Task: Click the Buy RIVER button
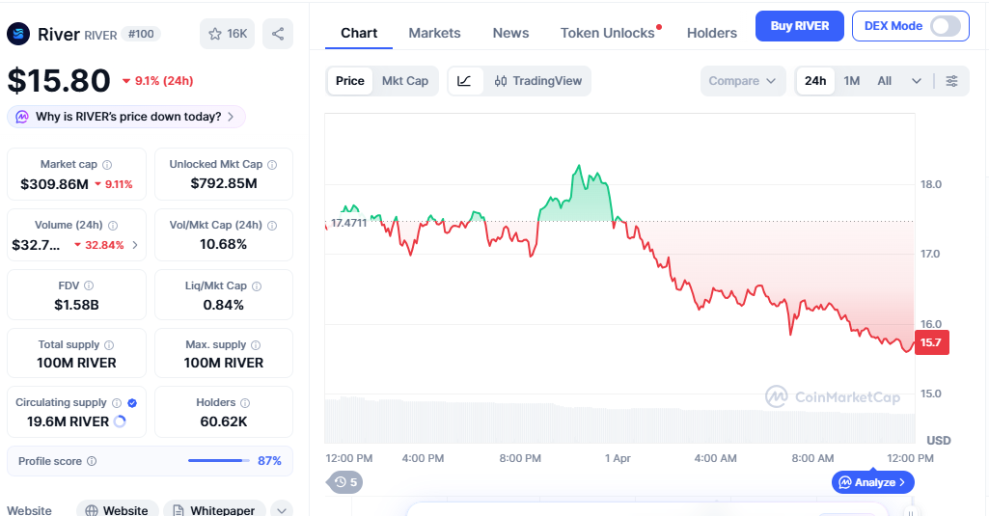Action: point(799,26)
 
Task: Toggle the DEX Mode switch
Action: point(946,26)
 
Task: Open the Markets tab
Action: point(434,33)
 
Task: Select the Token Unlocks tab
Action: point(608,33)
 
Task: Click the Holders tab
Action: point(712,33)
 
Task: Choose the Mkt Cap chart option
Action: point(405,81)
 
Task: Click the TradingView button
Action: point(538,81)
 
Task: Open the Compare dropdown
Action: point(742,81)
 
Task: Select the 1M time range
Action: point(851,81)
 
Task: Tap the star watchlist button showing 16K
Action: point(228,34)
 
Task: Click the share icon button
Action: point(278,34)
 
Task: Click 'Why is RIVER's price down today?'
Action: point(127,117)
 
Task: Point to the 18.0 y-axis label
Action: point(931,184)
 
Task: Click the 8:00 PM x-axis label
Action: point(520,458)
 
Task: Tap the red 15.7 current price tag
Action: point(931,342)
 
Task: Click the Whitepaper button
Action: point(215,509)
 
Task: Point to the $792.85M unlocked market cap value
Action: point(224,183)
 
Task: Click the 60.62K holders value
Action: point(224,421)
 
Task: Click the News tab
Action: point(510,33)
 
